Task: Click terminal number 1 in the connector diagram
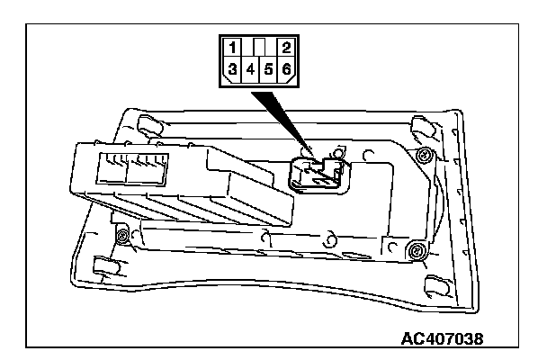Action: click(x=232, y=46)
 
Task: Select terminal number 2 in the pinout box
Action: click(x=285, y=46)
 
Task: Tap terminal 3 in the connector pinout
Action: click(x=232, y=67)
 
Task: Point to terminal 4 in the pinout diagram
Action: click(x=250, y=67)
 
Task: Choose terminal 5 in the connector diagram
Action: click(x=268, y=67)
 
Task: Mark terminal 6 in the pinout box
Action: click(x=285, y=67)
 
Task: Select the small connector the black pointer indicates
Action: click(x=317, y=173)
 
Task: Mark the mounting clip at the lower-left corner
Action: click(x=103, y=265)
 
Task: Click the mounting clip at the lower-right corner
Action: click(x=435, y=283)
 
